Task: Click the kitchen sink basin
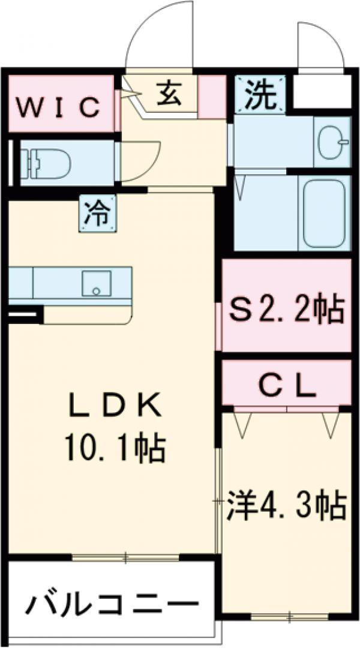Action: pos(96,283)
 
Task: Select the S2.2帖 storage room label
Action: pos(287,310)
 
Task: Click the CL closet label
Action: pos(287,386)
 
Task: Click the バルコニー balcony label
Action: pos(112,603)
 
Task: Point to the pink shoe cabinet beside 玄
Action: pos(211,96)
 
